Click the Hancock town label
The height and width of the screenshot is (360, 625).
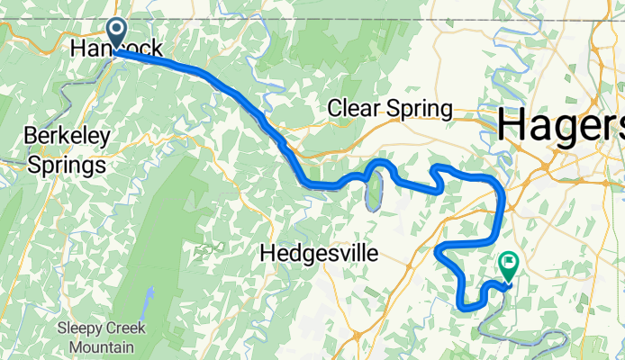118,48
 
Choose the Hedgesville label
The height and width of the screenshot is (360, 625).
316,254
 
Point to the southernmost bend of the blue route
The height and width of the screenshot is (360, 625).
469,308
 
